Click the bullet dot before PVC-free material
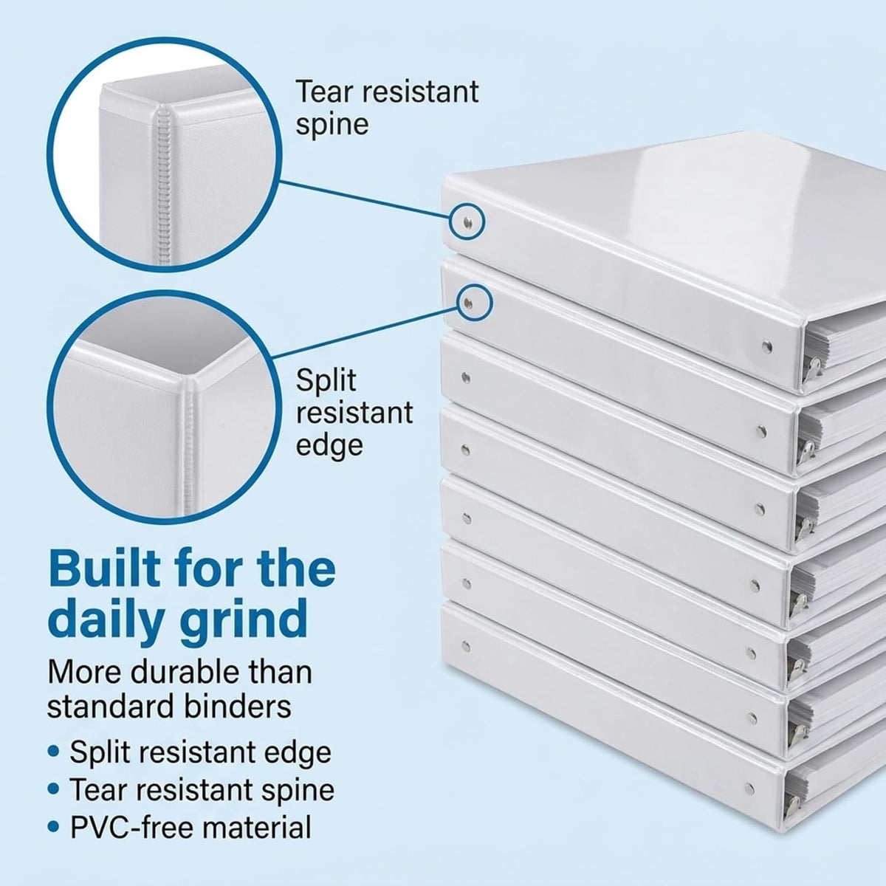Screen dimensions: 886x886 pos(54,827)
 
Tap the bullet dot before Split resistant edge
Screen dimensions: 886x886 pos(54,752)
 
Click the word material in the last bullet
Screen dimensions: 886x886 pos(256,827)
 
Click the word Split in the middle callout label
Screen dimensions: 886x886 pos(326,382)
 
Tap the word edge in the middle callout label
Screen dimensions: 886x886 pos(329,445)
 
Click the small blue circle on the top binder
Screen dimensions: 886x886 pos(467,223)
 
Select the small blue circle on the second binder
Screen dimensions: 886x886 pos(475,303)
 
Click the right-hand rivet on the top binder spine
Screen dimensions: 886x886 pos(767,346)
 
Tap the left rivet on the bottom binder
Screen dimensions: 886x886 pos(466,647)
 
